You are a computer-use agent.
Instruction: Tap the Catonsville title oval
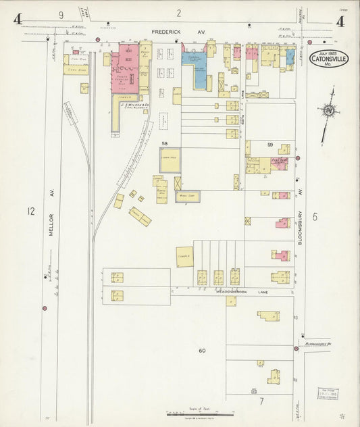coord(329,60)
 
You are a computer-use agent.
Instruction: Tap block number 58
coord(164,144)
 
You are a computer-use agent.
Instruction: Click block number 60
coord(202,351)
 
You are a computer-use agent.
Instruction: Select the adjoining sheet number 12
coord(30,211)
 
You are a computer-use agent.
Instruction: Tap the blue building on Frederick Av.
coord(195,70)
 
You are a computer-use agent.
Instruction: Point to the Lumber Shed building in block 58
coord(170,160)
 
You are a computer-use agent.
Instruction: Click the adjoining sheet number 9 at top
coord(61,14)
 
